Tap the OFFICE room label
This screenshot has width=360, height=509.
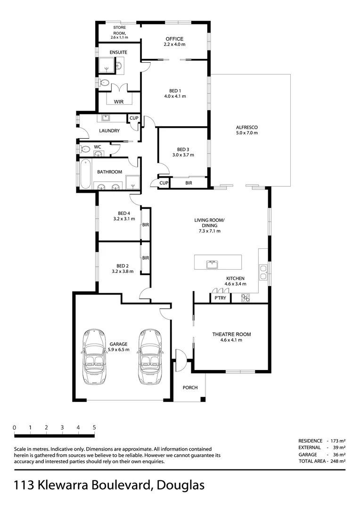click(x=174, y=39)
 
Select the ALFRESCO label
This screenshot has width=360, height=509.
click(x=247, y=127)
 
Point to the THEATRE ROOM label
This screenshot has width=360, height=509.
click(x=231, y=334)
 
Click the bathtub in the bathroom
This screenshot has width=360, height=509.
click(x=85, y=174)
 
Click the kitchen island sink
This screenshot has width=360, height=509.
click(x=212, y=264)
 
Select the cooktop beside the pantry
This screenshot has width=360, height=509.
click(x=245, y=298)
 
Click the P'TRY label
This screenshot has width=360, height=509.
click(x=220, y=298)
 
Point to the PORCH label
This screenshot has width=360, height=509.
click(x=190, y=388)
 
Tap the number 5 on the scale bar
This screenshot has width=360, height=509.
click(x=95, y=427)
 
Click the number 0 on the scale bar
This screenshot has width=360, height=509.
click(x=15, y=427)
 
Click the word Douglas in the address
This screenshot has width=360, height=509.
click(x=181, y=485)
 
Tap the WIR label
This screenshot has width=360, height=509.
click(x=119, y=101)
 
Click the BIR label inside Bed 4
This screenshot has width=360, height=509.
click(x=146, y=225)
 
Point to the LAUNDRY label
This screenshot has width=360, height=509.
click(x=109, y=131)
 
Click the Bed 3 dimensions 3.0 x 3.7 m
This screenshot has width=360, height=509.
click(x=183, y=155)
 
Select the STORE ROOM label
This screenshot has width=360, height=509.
click(x=119, y=31)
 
